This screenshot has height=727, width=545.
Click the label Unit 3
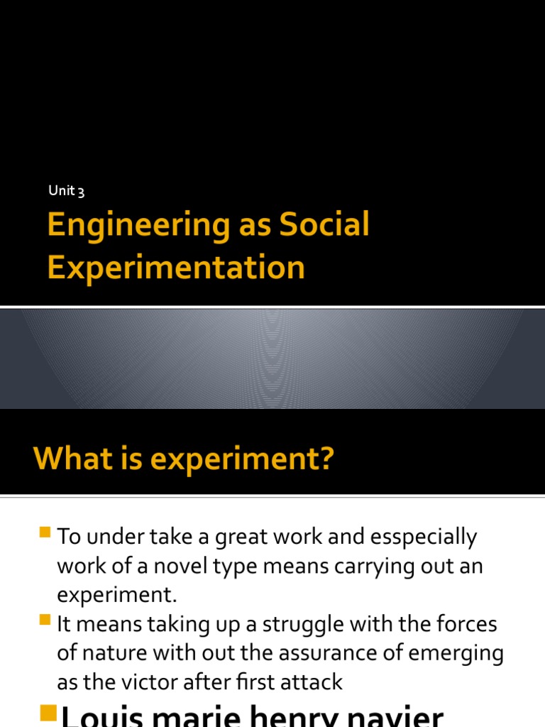tap(67, 190)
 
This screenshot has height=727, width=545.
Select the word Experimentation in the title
tap(176, 268)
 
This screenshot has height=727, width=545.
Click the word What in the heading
tap(70, 459)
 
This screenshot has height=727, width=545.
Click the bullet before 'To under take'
tap(46, 532)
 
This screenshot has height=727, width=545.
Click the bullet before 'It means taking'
tap(46, 620)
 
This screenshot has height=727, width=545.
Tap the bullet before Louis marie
tap(49, 713)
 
